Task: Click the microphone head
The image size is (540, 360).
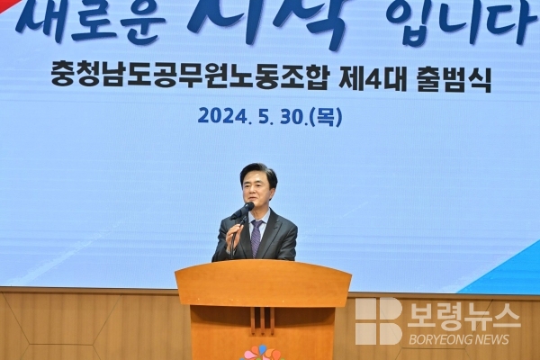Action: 247,206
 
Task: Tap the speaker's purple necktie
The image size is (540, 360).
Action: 256,238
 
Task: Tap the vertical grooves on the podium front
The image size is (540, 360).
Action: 263,320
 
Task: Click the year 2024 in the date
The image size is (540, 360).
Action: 223,116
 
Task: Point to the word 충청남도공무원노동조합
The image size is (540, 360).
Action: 189,78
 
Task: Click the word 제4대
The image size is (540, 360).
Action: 373,78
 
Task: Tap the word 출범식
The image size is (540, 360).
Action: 454,79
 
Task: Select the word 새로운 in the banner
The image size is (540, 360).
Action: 90,21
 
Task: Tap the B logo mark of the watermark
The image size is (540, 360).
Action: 379,320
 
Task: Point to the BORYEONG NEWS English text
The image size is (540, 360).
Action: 459,339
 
